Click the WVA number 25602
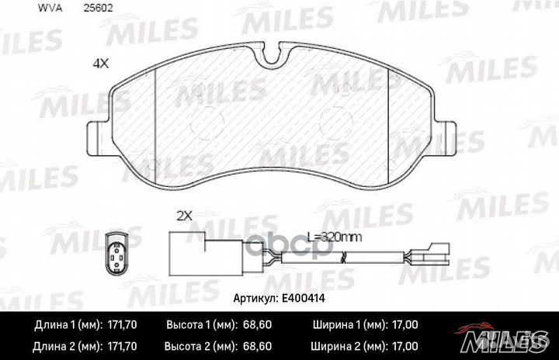tap(98, 9)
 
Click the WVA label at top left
tap(50, 9)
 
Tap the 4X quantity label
tap(100, 64)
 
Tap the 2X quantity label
tap(185, 216)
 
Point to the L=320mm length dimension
tap(335, 237)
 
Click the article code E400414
tap(304, 299)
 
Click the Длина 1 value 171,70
tap(122, 325)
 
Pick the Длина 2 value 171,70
tap(122, 346)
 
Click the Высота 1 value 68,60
tap(257, 325)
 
